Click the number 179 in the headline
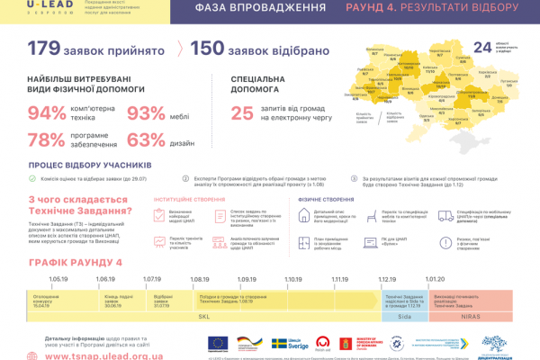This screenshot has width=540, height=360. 49,50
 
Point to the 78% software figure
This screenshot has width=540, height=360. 47,140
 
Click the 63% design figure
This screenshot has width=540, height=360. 146,140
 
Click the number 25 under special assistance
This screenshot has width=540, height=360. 242,113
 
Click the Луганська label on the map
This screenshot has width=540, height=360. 500,79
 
